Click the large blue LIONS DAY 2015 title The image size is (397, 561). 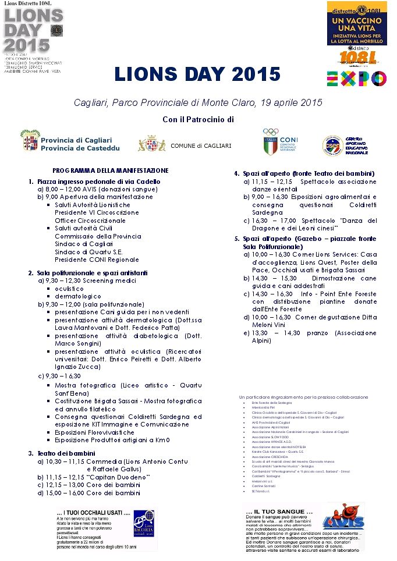(x=197, y=74)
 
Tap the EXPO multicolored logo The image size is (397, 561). (x=356, y=78)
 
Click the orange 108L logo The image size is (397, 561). (x=357, y=58)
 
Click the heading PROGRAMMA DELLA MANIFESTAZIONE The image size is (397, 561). (x=110, y=171)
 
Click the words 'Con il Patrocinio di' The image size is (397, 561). (x=197, y=119)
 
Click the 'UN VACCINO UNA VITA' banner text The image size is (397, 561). (x=357, y=24)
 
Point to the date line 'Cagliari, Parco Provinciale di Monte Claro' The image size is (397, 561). (x=198, y=102)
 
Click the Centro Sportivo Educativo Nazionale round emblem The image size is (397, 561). (x=331, y=144)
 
